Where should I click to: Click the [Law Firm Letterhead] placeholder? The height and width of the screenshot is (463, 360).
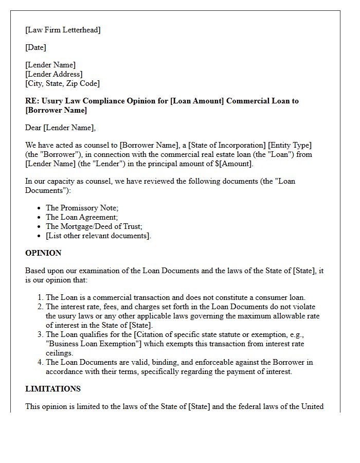(x=63, y=30)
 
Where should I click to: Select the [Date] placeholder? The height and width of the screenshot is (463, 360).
(x=35, y=47)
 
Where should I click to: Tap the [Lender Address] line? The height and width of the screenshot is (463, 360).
(x=53, y=74)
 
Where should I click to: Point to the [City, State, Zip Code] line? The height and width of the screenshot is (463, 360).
(x=62, y=83)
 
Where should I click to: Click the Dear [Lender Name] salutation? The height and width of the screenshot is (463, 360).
(x=60, y=128)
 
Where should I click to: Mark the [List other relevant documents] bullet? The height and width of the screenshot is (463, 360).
(x=99, y=236)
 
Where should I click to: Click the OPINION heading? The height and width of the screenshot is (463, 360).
(x=43, y=253)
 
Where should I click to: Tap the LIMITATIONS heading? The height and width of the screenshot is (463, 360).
(x=53, y=389)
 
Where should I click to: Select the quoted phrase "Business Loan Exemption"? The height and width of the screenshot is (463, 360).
(x=93, y=344)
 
